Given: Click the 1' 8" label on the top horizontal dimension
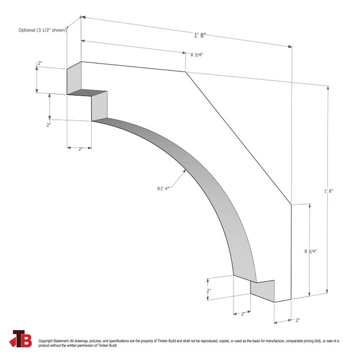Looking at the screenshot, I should pos(200,35).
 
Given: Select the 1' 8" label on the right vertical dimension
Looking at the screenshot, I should pos(329,191).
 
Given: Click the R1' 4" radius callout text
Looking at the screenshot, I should pos(163,188).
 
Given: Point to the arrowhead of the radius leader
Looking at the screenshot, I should pos(184,171).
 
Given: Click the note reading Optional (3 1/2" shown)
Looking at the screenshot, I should pos(42,30).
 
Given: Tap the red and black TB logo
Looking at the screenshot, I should pos(21,339).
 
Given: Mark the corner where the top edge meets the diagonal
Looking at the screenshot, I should pos(186,71).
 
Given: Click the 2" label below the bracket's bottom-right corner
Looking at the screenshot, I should pos(297,320).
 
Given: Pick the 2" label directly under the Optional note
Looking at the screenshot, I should pos(40,64).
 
